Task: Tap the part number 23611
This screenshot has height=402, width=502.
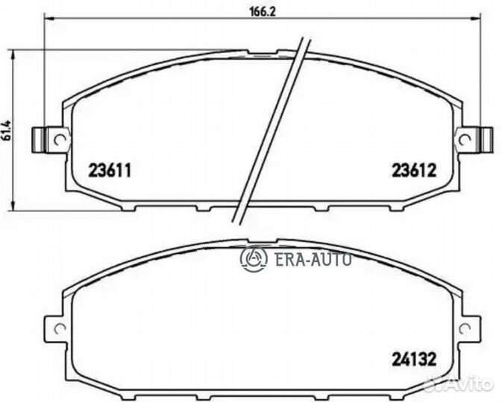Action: [111, 170]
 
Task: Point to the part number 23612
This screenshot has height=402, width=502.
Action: [413, 170]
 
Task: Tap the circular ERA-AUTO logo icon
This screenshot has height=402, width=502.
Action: [254, 258]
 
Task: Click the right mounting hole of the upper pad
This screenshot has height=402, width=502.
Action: [465, 138]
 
